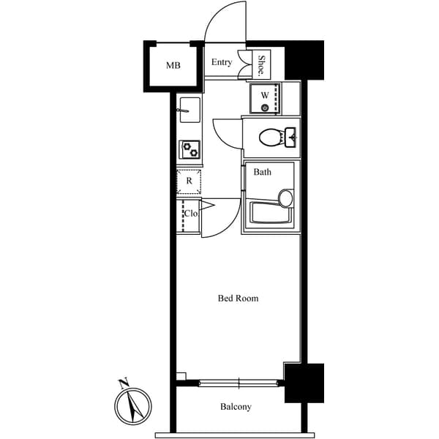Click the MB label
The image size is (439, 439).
click(173, 65)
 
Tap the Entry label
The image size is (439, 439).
click(222, 62)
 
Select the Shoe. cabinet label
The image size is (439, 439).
click(261, 66)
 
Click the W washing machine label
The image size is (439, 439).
click(264, 94)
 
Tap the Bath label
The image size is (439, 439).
click(262, 173)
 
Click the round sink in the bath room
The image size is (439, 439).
click(285, 198)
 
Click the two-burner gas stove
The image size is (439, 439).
click(190, 149)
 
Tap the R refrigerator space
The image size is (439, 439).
click(189, 181)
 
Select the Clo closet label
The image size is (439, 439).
click(190, 214)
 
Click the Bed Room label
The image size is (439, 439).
click(238, 298)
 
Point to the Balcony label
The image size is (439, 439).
click(236, 407)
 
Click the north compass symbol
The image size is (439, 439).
click(133, 405)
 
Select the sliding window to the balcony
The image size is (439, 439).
click(239, 382)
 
